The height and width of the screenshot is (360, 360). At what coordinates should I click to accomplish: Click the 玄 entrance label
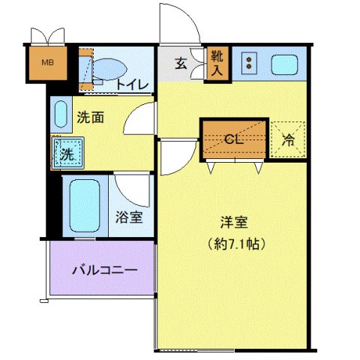[x=181, y=64]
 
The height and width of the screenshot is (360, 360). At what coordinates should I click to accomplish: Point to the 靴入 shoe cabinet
[x=217, y=63]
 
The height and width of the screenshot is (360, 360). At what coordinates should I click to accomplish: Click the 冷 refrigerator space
[x=288, y=139]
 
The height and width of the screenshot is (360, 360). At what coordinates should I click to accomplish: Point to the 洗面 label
[x=90, y=116]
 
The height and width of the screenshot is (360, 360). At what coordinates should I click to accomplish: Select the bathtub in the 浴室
[x=82, y=204]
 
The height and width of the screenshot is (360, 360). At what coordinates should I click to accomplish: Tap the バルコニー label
[x=103, y=268]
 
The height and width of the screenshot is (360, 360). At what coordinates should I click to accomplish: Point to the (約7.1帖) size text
[x=233, y=244]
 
